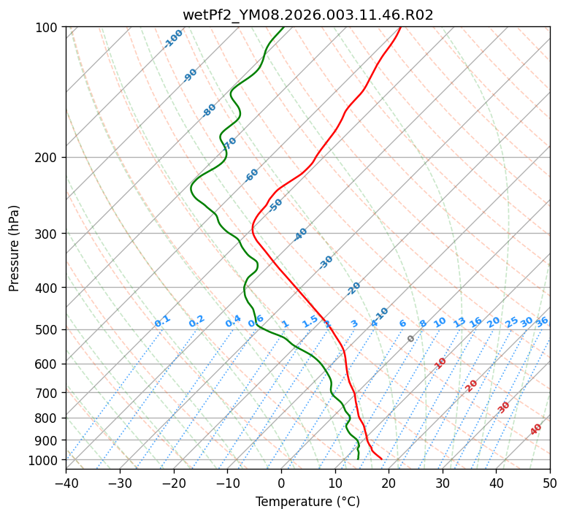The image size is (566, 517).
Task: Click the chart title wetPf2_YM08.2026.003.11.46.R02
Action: [x=307, y=15]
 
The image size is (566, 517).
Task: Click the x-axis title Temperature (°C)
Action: [x=307, y=502]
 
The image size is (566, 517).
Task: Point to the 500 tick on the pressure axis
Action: [x=47, y=330]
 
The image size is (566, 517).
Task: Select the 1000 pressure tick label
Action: [x=44, y=460]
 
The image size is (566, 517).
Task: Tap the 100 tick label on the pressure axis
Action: [x=47, y=28]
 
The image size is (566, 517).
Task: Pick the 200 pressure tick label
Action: [x=47, y=158]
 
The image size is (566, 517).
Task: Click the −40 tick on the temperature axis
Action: [x=66, y=483]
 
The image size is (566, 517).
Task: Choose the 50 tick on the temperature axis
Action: [x=550, y=483]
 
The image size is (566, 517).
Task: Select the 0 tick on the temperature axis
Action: [x=281, y=483]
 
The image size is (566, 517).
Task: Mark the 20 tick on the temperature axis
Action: [x=389, y=483]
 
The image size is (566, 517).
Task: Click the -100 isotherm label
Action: [x=174, y=38]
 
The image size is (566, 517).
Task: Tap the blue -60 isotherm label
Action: [x=252, y=175]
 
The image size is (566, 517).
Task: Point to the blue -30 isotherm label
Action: [x=326, y=262]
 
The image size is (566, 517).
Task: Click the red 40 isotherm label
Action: [x=536, y=429]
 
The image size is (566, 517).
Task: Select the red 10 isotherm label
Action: [x=440, y=363]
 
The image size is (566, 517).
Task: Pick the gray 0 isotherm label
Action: [x=411, y=339]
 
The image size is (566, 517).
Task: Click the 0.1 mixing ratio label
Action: [x=163, y=321]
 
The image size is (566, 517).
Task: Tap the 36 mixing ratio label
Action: [x=542, y=322]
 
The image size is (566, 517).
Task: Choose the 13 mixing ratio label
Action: [x=459, y=322]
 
